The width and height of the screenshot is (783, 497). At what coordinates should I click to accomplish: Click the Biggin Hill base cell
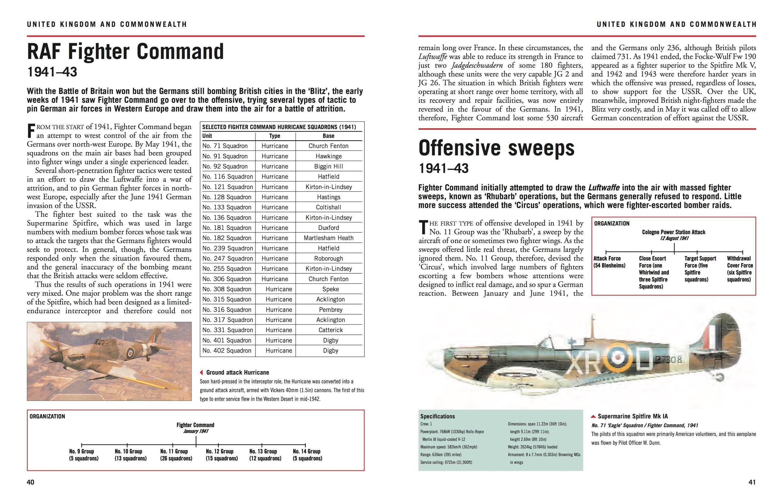(x=329, y=166)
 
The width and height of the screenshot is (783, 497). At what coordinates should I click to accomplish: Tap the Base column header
(x=329, y=136)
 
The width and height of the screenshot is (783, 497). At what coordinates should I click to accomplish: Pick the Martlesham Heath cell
(x=329, y=238)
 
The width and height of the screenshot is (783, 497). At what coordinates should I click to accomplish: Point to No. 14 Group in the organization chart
(x=307, y=455)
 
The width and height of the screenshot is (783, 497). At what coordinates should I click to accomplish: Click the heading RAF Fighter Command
(x=126, y=52)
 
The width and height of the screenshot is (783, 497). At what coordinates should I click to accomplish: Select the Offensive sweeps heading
(x=496, y=148)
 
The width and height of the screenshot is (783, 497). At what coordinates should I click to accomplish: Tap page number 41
(x=752, y=482)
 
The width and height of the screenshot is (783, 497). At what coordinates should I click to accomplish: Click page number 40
(x=30, y=482)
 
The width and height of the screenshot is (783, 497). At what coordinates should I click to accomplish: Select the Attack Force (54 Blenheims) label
(x=609, y=262)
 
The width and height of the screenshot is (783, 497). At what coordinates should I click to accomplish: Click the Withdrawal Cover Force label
(x=739, y=269)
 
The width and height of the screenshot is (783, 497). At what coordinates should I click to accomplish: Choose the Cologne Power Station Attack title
(x=673, y=232)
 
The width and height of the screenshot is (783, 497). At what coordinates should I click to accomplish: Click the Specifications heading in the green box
(x=437, y=416)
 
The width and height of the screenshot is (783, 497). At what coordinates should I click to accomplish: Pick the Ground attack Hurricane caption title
(x=237, y=372)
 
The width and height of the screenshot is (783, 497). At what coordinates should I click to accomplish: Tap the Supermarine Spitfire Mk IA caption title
(x=632, y=416)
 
